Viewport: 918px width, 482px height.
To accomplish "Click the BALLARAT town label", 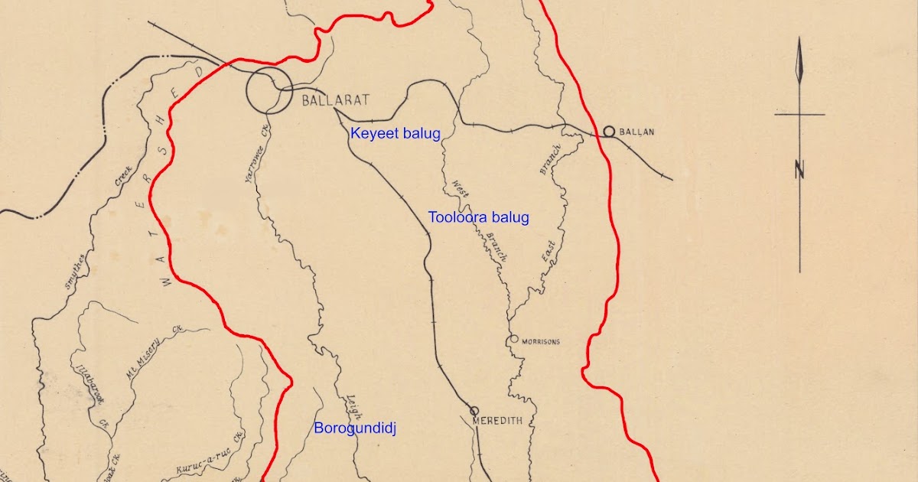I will coord(336,100).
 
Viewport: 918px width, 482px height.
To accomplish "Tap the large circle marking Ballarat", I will coord(269,90).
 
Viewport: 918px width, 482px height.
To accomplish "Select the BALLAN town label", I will coord(636,132).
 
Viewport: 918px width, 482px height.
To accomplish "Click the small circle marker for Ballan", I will coord(609,132).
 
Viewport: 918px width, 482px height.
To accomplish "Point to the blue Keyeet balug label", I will coord(396,133).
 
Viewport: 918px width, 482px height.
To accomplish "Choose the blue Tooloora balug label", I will coord(479,217).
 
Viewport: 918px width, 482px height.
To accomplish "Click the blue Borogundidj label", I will coord(355,428).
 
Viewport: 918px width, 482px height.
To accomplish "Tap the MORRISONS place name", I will coord(541,341).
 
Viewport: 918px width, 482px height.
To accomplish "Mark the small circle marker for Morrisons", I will coord(514,338).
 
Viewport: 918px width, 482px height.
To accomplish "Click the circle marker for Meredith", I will coord(474,411).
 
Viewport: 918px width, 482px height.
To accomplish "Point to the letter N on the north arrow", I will coord(800,170).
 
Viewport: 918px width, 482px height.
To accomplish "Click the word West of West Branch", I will coord(461,189).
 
